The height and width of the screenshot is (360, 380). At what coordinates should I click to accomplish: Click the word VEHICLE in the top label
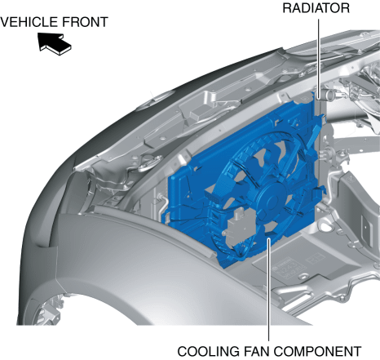[x=29, y=22]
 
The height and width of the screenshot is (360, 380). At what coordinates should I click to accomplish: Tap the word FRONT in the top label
[x=86, y=22]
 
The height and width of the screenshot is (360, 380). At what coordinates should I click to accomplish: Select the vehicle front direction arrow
[x=54, y=44]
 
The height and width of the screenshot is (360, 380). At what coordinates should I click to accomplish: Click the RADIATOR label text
[x=316, y=8]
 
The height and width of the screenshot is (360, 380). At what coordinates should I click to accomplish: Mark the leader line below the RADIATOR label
[x=318, y=58]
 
